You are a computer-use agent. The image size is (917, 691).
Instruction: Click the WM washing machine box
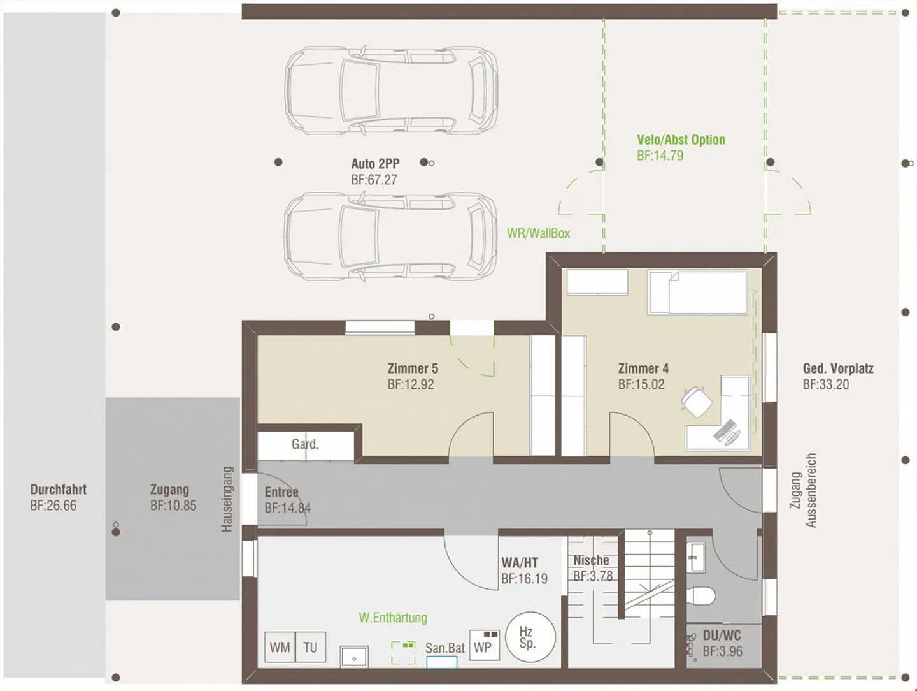click(280, 647)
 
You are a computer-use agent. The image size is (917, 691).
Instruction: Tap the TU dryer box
click(310, 647)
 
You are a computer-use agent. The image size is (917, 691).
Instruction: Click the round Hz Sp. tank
click(530, 637)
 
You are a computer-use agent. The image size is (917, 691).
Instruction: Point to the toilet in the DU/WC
click(702, 595)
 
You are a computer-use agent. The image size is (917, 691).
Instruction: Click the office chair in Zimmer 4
click(696, 402)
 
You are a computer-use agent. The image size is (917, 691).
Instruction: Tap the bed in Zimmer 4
click(697, 292)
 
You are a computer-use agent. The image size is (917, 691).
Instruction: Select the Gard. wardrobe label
click(305, 444)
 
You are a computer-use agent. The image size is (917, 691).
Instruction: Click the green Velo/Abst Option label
click(681, 140)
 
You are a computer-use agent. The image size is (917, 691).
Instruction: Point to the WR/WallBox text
click(539, 233)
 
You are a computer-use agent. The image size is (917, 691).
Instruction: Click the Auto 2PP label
click(375, 163)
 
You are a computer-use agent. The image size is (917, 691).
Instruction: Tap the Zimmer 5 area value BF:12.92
click(411, 384)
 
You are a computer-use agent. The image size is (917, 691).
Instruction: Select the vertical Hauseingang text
click(227, 499)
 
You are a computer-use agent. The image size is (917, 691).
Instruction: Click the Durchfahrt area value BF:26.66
click(53, 506)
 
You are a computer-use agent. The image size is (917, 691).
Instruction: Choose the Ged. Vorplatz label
click(838, 368)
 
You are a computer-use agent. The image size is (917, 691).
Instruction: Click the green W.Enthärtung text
click(393, 618)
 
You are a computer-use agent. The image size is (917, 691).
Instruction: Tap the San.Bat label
click(445, 648)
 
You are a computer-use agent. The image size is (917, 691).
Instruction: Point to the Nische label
click(591, 560)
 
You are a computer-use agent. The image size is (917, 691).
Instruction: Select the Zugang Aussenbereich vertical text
click(803, 490)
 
